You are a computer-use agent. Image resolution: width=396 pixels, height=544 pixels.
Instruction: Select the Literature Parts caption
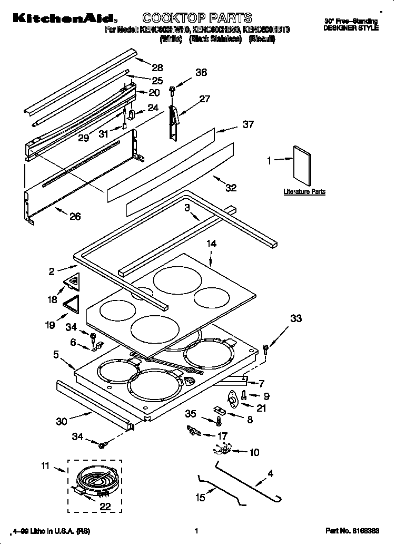tap(304, 192)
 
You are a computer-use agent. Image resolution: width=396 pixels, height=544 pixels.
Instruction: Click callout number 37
tap(247, 125)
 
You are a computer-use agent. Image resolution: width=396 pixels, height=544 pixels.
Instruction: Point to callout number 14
tap(211, 244)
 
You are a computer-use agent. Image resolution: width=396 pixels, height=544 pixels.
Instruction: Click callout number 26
tap(75, 216)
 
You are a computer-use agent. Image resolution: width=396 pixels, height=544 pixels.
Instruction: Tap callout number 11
tap(45, 465)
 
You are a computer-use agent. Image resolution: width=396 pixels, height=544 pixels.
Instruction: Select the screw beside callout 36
tap(172, 91)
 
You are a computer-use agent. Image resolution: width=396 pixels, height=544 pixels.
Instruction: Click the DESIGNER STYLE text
tap(351, 28)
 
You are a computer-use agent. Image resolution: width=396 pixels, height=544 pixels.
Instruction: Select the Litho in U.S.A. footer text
tap(45, 531)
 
